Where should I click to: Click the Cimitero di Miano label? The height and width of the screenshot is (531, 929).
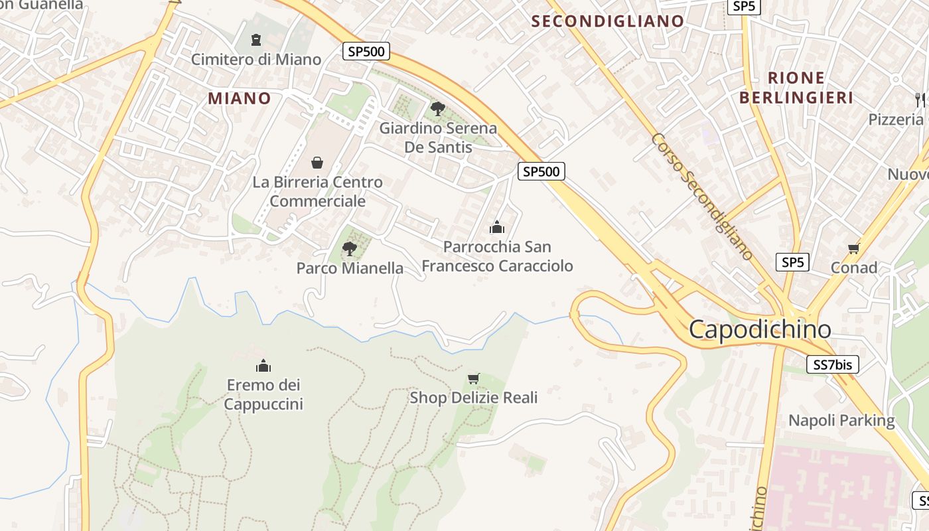pyautogui.click(x=256, y=59)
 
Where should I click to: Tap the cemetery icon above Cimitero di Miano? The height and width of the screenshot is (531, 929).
pyautogui.click(x=256, y=40)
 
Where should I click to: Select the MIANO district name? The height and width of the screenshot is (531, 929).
pyautogui.click(x=240, y=98)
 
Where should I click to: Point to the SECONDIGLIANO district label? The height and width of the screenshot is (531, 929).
pyautogui.click(x=607, y=21)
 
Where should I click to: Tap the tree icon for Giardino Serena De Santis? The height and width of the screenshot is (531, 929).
pyautogui.click(x=437, y=108)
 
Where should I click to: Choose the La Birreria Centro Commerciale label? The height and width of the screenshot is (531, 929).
pyautogui.click(x=317, y=191)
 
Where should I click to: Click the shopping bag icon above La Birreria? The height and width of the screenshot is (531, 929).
pyautogui.click(x=317, y=163)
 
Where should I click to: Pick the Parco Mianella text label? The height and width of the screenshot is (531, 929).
pyautogui.click(x=350, y=268)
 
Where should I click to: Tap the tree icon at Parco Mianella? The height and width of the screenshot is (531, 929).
pyautogui.click(x=349, y=249)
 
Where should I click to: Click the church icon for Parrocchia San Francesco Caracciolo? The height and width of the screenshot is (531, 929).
pyautogui.click(x=497, y=228)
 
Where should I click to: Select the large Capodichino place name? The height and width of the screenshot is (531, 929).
pyautogui.click(x=760, y=329)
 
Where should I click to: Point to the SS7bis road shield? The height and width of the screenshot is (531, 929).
pyautogui.click(x=833, y=364)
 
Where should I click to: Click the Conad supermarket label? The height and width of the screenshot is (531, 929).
pyautogui.click(x=854, y=267)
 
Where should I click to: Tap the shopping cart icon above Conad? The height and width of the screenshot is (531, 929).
pyautogui.click(x=854, y=249)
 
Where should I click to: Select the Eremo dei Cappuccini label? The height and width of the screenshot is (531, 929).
pyautogui.click(x=263, y=394)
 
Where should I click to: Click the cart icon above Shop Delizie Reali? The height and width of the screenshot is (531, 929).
pyautogui.click(x=473, y=378)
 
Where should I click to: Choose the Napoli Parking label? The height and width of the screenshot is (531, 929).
pyautogui.click(x=841, y=420)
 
